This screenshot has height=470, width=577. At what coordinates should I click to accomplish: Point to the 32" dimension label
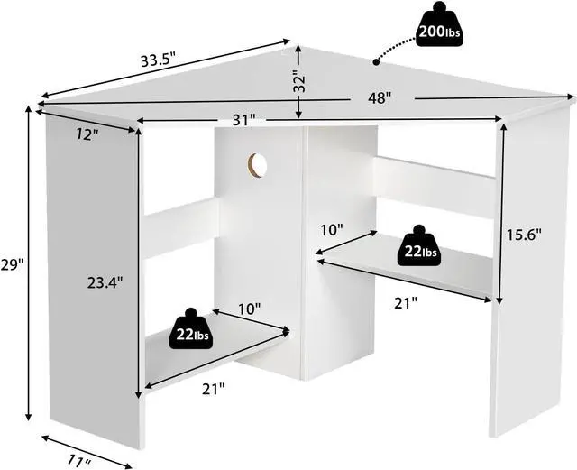(299, 83)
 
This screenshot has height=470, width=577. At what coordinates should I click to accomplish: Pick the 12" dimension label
(87, 134)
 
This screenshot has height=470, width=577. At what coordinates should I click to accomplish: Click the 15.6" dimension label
(523, 235)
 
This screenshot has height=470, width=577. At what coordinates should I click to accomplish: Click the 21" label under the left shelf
(214, 389)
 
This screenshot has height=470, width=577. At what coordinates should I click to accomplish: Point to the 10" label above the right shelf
(332, 230)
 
